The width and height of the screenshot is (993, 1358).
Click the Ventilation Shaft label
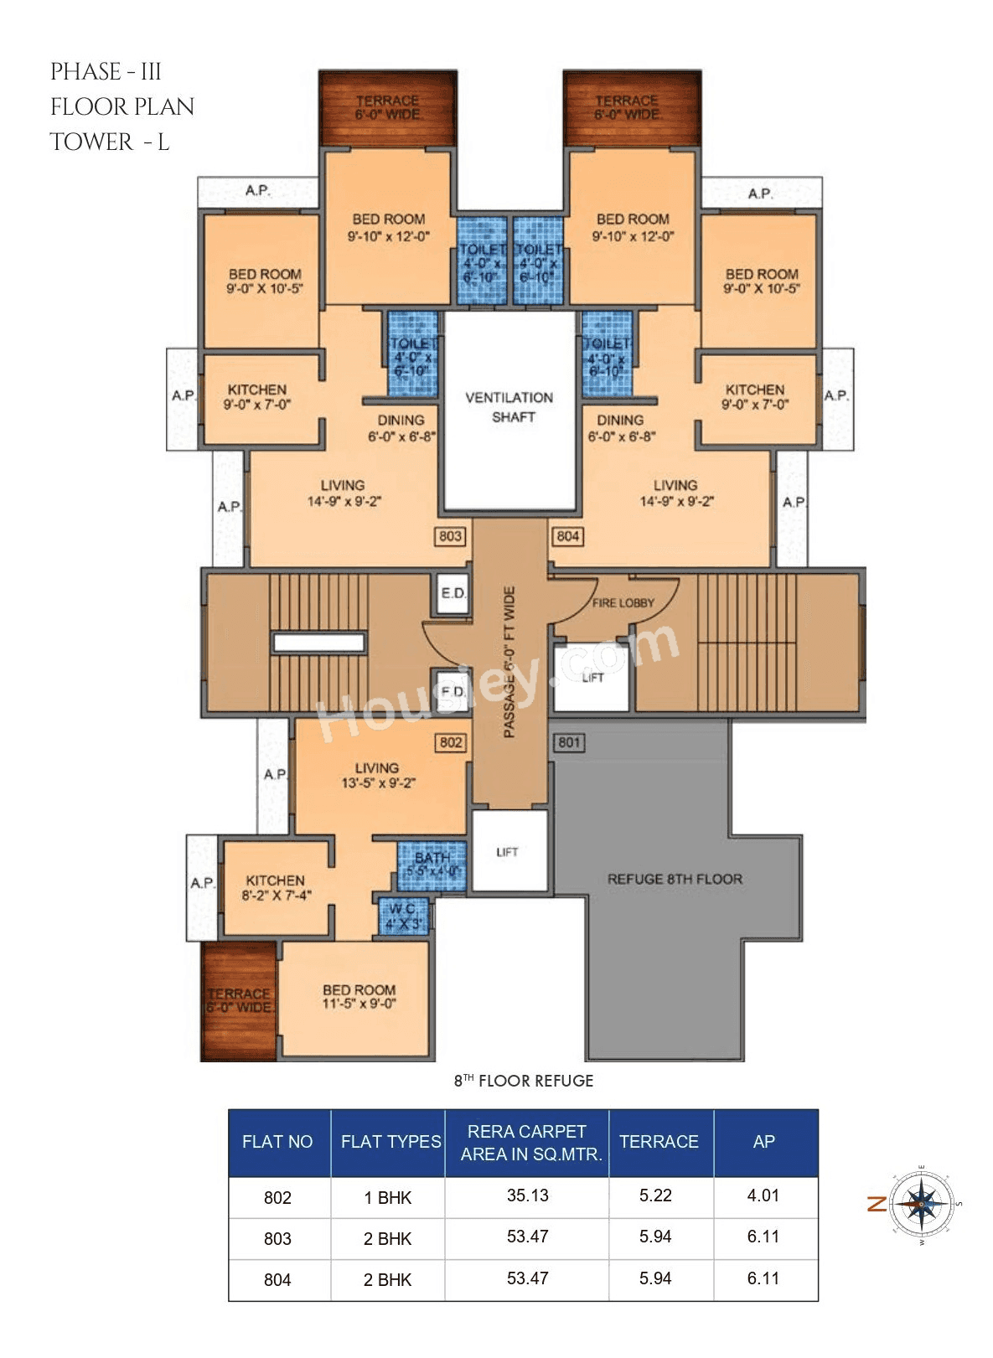(509, 407)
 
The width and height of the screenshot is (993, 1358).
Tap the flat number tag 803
(450, 536)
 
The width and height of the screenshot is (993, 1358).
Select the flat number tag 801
(569, 742)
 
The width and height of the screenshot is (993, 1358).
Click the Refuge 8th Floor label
(675, 879)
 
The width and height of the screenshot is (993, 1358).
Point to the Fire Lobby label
(623, 603)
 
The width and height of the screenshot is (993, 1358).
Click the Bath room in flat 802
(432, 865)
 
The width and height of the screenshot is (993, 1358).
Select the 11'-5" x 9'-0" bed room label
(359, 997)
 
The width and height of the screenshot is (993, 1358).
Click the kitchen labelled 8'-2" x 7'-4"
(276, 888)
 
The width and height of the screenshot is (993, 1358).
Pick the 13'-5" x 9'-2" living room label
(377, 776)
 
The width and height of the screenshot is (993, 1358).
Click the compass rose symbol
(921, 1204)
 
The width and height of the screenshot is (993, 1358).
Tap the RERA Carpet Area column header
(527, 1143)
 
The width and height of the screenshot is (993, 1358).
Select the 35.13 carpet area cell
(527, 1196)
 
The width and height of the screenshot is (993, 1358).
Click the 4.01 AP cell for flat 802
(763, 1196)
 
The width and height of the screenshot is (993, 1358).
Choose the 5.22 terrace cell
(655, 1196)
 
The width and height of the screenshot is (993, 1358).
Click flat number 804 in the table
(277, 1280)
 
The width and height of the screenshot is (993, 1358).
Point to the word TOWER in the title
(91, 142)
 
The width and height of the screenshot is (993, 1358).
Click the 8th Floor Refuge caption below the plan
(524, 1081)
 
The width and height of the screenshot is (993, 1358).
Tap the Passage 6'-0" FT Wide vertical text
(509, 662)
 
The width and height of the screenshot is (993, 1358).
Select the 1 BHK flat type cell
(387, 1198)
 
